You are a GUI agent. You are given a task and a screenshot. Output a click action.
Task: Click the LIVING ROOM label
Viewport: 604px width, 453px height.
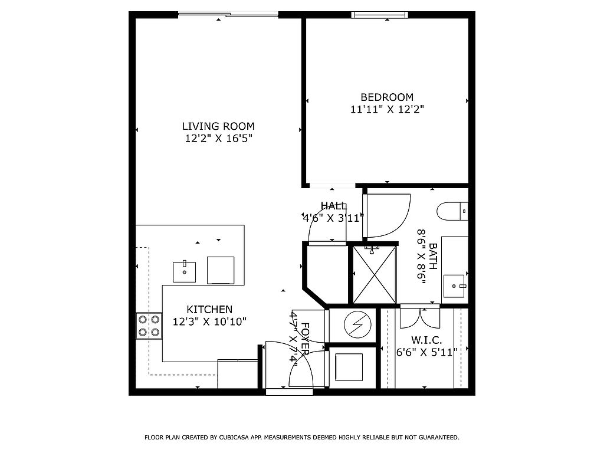click(218, 126)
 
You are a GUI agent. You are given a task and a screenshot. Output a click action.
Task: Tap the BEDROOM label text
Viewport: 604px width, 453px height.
click(387, 97)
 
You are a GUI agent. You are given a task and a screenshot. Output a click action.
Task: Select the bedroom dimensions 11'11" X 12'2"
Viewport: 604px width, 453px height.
click(387, 109)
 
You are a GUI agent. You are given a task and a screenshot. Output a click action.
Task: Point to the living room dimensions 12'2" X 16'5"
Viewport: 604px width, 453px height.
click(218, 139)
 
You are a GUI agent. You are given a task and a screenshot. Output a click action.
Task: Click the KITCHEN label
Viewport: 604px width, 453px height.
click(209, 309)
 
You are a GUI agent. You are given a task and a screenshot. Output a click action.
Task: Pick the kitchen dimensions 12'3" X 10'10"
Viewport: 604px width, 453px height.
click(209, 321)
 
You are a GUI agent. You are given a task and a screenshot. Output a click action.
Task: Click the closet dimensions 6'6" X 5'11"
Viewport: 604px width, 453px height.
click(426, 352)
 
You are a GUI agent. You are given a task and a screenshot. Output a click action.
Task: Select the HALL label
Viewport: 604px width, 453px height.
click(334, 206)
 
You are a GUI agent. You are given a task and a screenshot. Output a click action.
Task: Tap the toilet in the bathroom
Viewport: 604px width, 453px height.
click(452, 211)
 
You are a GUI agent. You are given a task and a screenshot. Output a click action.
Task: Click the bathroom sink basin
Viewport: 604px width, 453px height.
click(455, 286)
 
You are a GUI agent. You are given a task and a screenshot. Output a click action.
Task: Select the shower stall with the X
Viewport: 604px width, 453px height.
click(375, 275)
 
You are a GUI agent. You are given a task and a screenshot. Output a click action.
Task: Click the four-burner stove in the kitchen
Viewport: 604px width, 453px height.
click(149, 326)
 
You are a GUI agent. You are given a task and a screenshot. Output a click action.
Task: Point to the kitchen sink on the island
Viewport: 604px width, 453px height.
click(185, 271)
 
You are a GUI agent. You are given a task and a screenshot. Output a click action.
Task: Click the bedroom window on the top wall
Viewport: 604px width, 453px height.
click(379, 15)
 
